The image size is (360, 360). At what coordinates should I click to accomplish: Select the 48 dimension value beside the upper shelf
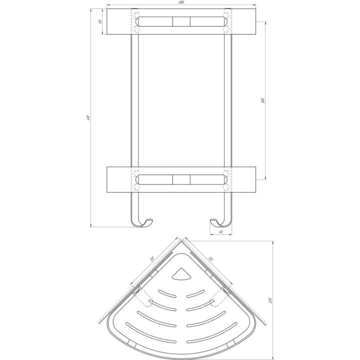click(x=100, y=21)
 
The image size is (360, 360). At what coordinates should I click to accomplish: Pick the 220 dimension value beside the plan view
click(x=270, y=300)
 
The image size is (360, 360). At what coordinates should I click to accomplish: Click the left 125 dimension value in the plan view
click(x=151, y=260)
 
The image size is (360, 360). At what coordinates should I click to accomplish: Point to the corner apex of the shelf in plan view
click(x=181, y=239)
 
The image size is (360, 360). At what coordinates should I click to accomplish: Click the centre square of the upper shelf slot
click(x=181, y=22)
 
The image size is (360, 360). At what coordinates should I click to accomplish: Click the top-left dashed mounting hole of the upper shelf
click(x=135, y=11)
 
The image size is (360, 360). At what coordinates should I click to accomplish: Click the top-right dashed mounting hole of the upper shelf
click(x=228, y=11)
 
